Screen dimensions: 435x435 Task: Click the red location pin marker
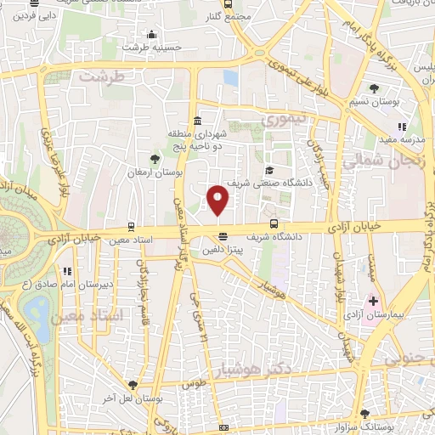click(218, 199)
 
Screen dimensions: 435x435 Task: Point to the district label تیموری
click(283, 121)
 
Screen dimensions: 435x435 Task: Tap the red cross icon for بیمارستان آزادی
click(373, 301)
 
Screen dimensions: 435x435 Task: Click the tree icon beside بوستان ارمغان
click(154, 158)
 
